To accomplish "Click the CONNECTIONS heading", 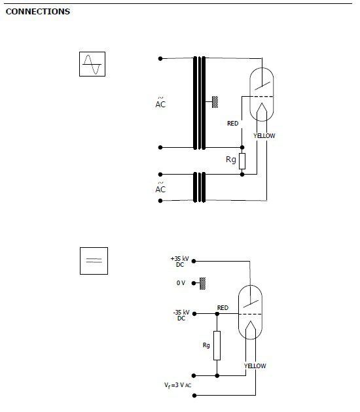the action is tap(38, 12).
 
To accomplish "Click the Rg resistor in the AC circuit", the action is tap(242, 161).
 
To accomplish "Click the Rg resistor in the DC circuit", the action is tap(217, 345).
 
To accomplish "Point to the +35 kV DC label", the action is tap(180, 262).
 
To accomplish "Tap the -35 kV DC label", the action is tap(181, 315).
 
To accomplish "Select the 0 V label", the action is tap(181, 283).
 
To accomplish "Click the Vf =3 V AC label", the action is tap(178, 385).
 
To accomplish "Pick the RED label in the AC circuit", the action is tap(233, 123).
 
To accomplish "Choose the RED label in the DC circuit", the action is tap(223, 307).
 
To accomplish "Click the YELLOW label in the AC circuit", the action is tap(264, 136).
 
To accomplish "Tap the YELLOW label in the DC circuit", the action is tap(255, 366).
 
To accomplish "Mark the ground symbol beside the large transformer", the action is tap(215, 102).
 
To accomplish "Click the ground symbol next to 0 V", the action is tap(202, 283).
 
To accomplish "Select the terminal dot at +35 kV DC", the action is tap(194, 261).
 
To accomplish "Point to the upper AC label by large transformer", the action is tap(160, 103).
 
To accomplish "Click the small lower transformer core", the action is tap(200, 187).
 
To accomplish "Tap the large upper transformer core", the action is tap(200, 103).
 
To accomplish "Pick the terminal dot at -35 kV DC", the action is tap(194, 313).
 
